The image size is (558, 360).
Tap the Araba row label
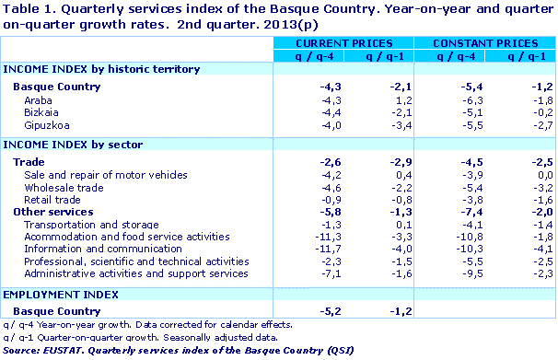coord(38,99)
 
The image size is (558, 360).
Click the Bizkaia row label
coord(41,112)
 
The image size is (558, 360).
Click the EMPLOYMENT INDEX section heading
coord(61,294)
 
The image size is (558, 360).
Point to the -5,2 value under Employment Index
coord(303,311)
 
